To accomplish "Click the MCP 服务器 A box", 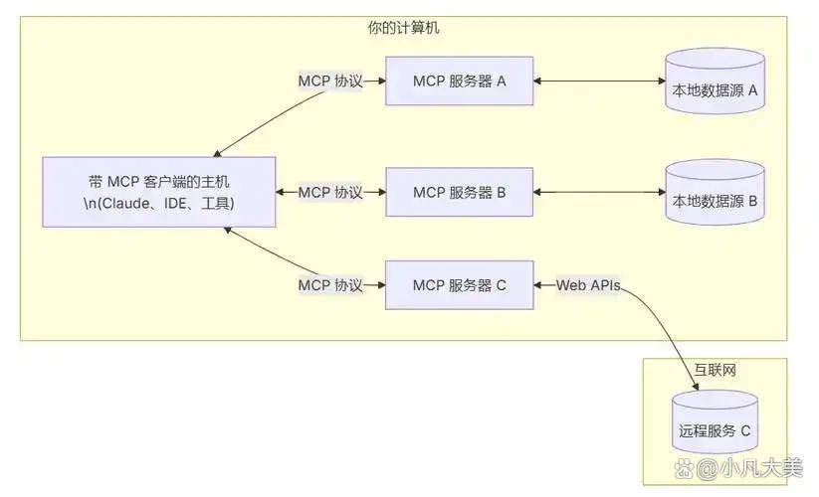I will pyautogui.click(x=460, y=82).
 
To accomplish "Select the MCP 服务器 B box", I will pyautogui.click(x=460, y=193).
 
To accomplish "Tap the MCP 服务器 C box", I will pyautogui.click(x=460, y=285).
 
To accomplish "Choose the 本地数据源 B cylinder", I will pyautogui.click(x=715, y=196).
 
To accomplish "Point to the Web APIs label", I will pyautogui.click(x=588, y=285).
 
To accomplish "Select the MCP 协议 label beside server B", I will pyautogui.click(x=330, y=193).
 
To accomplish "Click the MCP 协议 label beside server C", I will pyautogui.click(x=330, y=285).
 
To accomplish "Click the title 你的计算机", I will pyautogui.click(x=403, y=28).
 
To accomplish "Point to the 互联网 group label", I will pyautogui.click(x=715, y=371).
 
